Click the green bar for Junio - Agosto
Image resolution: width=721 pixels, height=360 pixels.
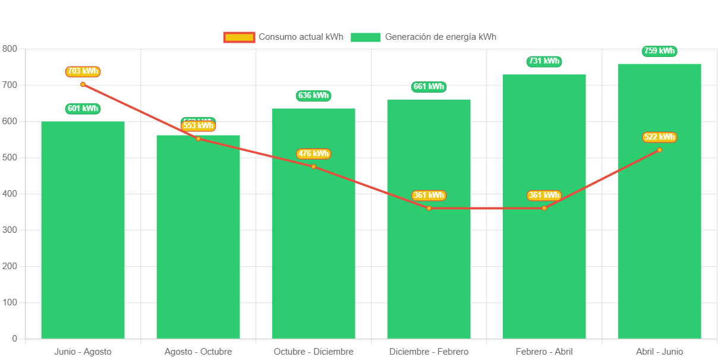(x=83, y=238)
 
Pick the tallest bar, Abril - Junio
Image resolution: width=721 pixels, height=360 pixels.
(x=659, y=238)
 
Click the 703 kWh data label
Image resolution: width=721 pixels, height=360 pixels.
(x=83, y=71)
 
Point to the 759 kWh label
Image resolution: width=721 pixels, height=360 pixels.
(x=659, y=51)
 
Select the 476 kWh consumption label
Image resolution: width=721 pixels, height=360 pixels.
(x=313, y=154)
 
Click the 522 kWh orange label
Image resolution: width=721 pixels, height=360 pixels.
(x=659, y=137)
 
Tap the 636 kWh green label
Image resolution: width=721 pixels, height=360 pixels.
(x=313, y=96)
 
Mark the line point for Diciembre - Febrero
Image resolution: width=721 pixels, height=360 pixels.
(x=429, y=208)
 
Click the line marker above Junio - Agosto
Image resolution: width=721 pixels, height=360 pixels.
(x=83, y=84)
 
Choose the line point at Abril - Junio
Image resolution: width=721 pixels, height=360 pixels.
(x=659, y=150)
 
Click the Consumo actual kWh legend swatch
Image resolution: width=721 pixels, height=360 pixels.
(x=239, y=37)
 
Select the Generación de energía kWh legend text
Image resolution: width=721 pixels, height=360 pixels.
(x=440, y=37)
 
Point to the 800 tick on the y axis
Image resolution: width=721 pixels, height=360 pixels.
(x=10, y=48)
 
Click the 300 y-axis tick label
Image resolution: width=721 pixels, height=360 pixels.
(x=10, y=230)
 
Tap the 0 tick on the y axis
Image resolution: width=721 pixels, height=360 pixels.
(x=14, y=339)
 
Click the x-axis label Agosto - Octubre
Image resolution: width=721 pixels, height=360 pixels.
(x=198, y=352)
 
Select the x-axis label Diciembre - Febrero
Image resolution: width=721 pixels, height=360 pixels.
(x=429, y=352)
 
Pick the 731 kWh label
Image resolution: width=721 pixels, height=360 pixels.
(x=544, y=61)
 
